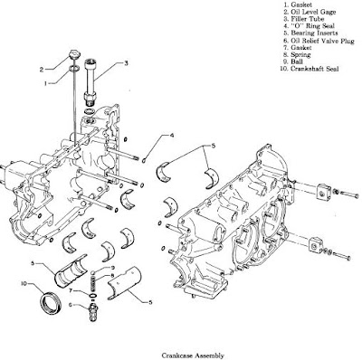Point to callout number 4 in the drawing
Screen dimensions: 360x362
click(170, 137)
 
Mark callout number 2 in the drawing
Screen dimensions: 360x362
click(42, 69)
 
